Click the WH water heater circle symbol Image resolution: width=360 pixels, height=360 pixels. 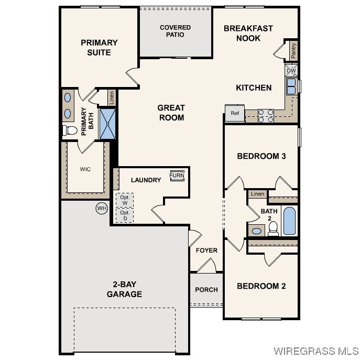tap(102, 209)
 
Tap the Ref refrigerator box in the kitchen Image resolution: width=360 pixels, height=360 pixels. tap(235, 113)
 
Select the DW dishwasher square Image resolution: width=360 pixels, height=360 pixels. tap(291, 71)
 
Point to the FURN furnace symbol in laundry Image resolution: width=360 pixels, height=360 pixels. tap(177, 176)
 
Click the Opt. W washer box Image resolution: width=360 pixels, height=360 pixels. tap(125, 200)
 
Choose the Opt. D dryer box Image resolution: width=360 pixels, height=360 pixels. tap(125, 215)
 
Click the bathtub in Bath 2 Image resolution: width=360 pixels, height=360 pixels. tap(289, 221)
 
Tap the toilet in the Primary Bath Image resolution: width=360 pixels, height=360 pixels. tap(70, 130)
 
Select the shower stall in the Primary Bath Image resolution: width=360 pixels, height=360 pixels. tap(107, 124)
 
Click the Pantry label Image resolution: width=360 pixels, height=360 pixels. tap(293, 50)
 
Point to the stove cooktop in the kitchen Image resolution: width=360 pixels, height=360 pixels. tap(266, 116)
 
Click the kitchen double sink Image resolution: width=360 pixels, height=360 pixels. tap(291, 86)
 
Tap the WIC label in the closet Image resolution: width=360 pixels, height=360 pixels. tap(85, 169)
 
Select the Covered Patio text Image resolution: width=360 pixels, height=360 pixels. tap(175, 31)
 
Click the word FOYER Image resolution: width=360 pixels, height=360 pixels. tap(206, 250)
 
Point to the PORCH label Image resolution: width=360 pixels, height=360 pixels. tap(206, 290)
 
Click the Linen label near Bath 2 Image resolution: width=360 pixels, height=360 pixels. tap(257, 194)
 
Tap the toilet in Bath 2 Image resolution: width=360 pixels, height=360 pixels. tap(273, 228)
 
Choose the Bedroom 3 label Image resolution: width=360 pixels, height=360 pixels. tap(261, 156)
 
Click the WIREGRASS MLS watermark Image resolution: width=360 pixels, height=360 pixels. tap(316, 351)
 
